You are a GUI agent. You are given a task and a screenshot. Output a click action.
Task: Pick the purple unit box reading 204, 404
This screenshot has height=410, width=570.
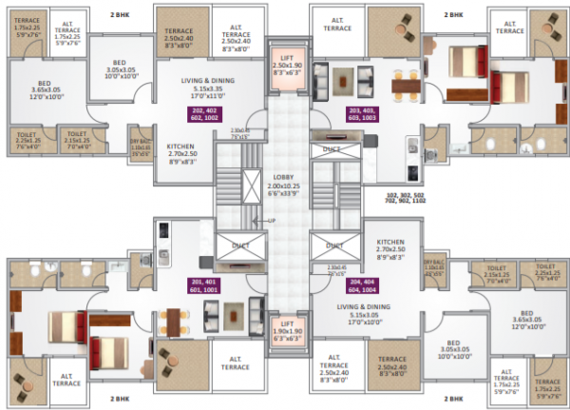(x=364, y=286)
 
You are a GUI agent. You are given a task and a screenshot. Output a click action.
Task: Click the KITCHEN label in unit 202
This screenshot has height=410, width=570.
(x=182, y=152)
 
